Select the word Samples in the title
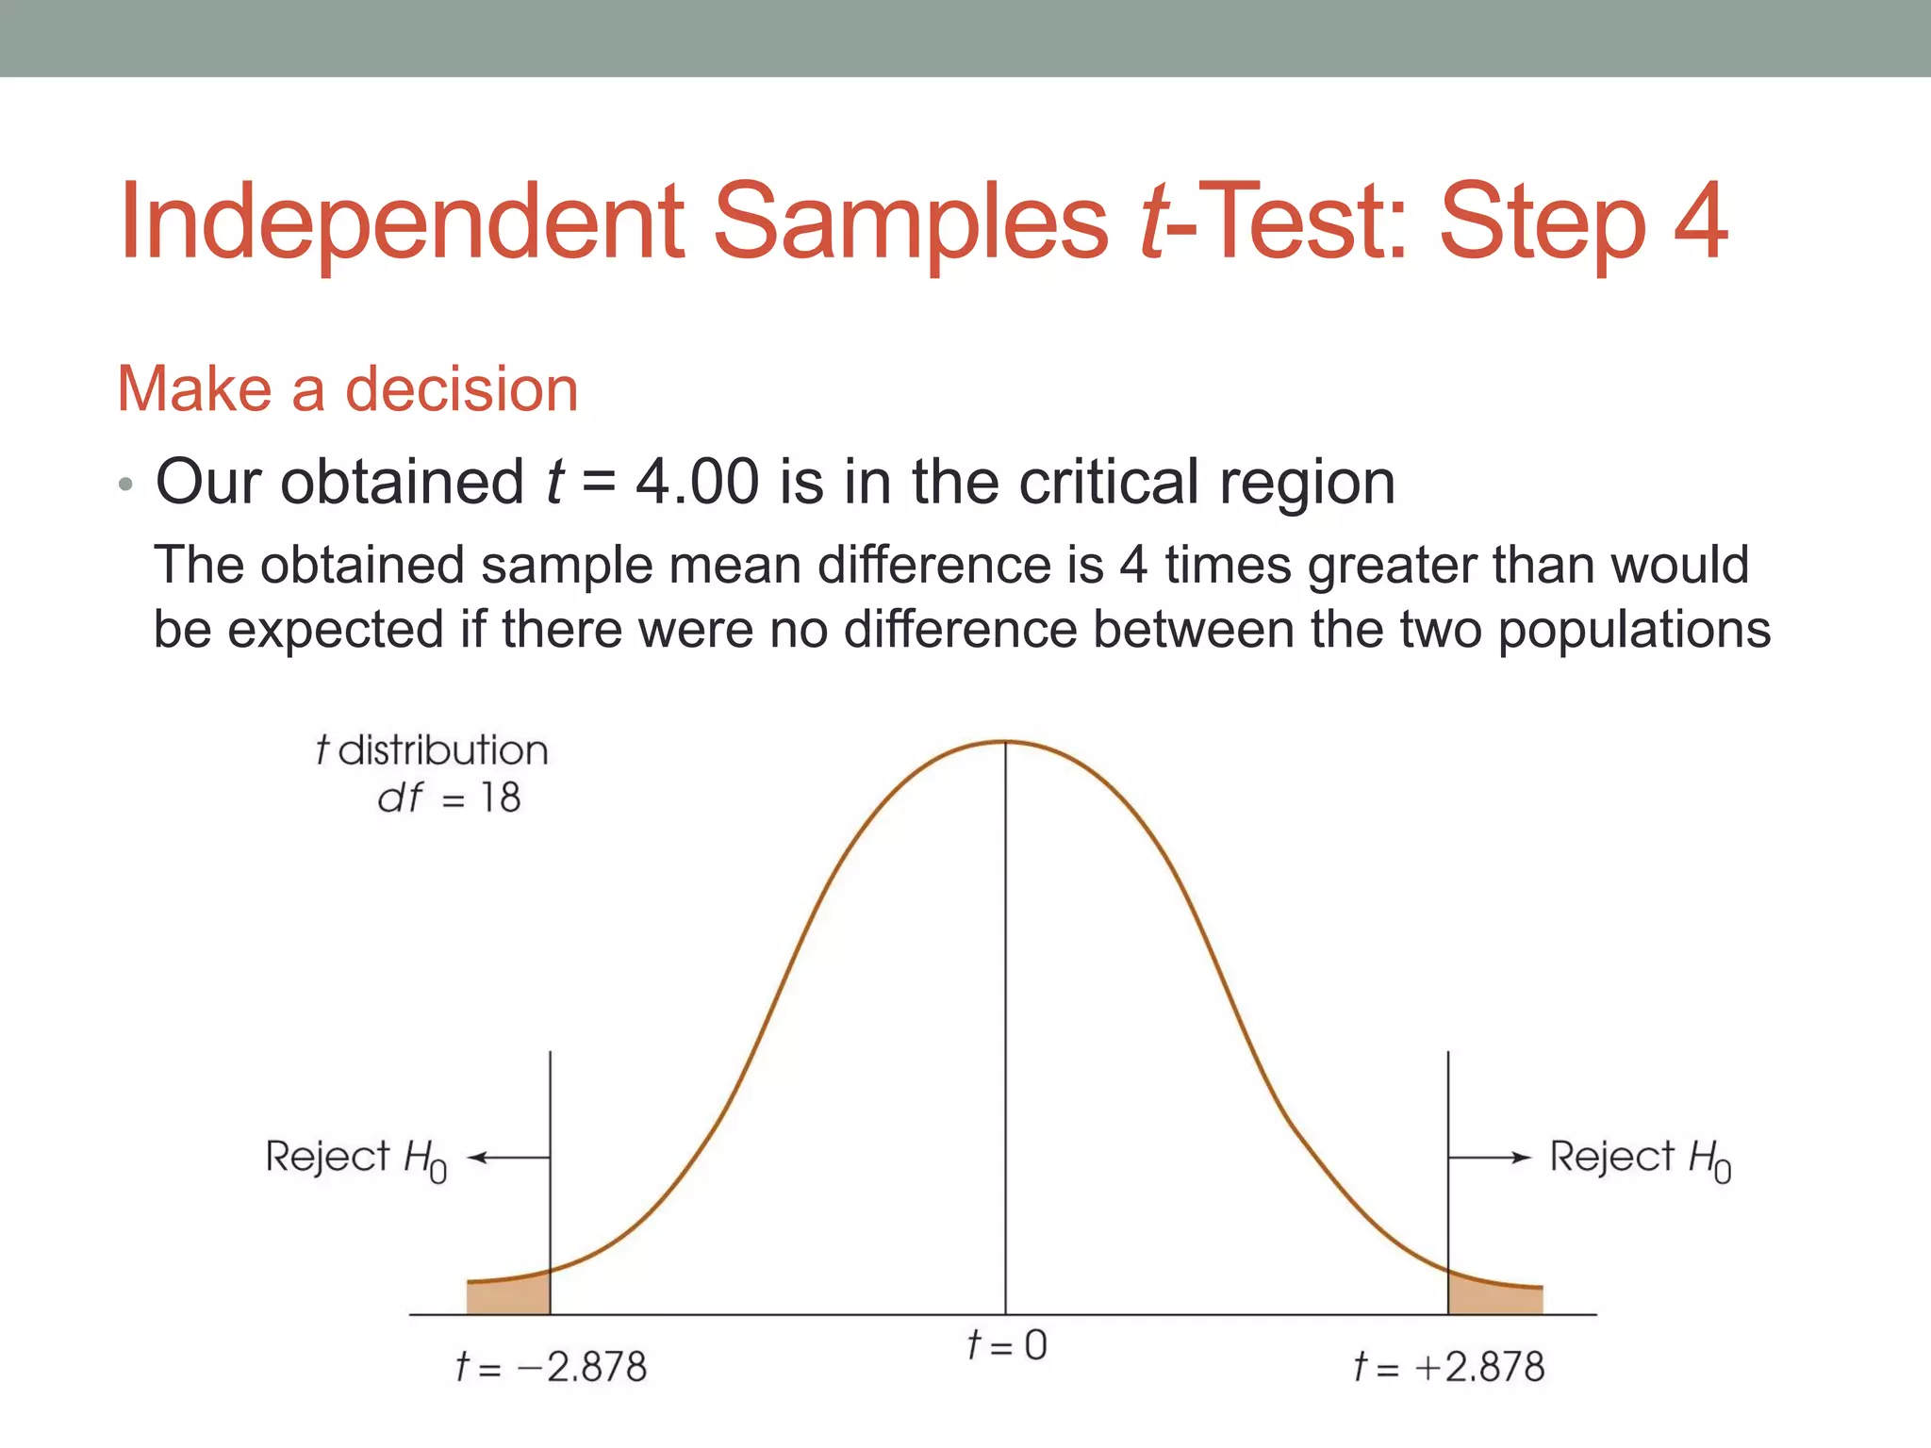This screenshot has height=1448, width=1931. click(x=911, y=222)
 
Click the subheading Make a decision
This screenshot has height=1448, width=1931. click(x=347, y=388)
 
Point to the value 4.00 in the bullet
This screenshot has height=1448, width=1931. click(x=697, y=482)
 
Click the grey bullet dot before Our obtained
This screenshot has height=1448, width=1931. click(x=126, y=486)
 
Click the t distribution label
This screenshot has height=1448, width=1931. click(x=432, y=750)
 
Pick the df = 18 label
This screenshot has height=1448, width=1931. click(x=449, y=798)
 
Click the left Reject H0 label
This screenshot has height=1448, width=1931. click(x=355, y=1158)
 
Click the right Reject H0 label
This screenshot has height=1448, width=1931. click(x=1640, y=1158)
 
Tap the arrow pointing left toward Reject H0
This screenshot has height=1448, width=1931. click(x=507, y=1158)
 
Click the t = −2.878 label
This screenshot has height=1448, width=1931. click(x=552, y=1367)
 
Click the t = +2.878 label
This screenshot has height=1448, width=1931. click(x=1449, y=1367)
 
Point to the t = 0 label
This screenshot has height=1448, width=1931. click(x=1006, y=1345)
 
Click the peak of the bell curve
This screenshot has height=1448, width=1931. click(x=1005, y=743)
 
